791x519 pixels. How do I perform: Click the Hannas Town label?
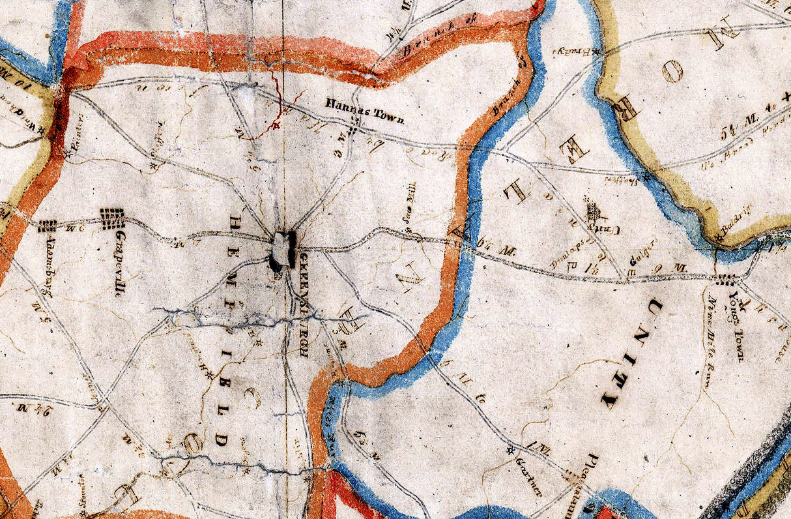coord(365,111)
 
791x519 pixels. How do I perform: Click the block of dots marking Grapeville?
coord(111,218)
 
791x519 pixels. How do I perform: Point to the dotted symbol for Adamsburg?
coord(46,226)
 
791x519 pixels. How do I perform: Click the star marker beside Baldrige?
coord(719,238)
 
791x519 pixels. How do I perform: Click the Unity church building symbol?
coord(593,211)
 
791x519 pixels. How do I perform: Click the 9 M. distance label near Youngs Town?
coord(678,267)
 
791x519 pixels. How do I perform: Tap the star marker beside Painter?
coord(68,155)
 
